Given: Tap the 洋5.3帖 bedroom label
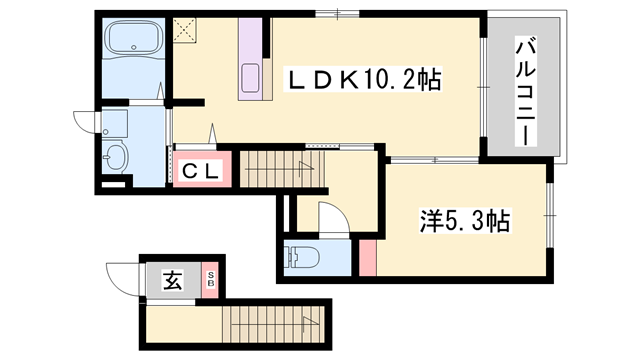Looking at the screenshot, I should coord(463,222).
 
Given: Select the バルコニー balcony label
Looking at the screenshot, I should coord(525,89).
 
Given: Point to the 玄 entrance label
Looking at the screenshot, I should coord(173,282).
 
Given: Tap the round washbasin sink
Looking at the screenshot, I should coord(116,157).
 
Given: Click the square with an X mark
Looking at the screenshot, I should coord(184,30).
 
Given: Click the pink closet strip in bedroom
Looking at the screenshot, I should coord(367,257).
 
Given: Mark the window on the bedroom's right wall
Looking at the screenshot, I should coord(551,216).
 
